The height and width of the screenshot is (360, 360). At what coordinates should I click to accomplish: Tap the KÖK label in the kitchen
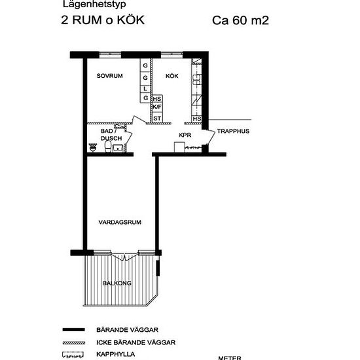[x=171, y=77]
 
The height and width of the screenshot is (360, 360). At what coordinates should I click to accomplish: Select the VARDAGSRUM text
[x=120, y=223]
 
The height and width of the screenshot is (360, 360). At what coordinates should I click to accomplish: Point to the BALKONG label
[x=117, y=283]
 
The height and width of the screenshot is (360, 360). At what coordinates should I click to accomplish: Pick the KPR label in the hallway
[x=185, y=135]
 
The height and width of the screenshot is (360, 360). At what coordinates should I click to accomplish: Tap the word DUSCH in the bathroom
[x=111, y=139]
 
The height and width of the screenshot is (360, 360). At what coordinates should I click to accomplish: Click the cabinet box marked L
[x=146, y=87]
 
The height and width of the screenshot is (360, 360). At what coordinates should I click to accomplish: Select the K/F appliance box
[x=157, y=107]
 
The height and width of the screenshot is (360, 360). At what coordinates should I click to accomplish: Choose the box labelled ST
[x=157, y=118]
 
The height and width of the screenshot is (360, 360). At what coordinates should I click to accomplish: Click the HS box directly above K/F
[x=157, y=98]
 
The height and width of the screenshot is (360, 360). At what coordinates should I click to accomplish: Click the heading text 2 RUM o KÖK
[x=103, y=20]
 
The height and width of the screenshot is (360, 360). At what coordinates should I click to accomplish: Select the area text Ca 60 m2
[x=241, y=20]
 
